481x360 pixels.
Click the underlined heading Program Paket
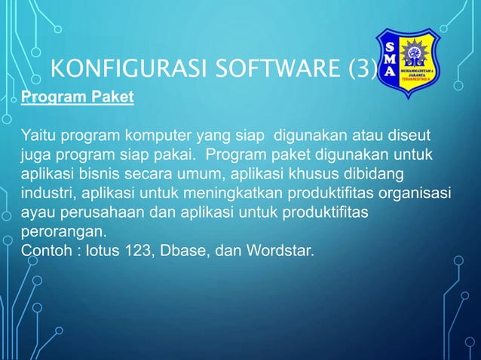click(x=77, y=98)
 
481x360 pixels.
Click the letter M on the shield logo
click(x=389, y=58)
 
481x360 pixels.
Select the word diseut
click(x=412, y=136)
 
